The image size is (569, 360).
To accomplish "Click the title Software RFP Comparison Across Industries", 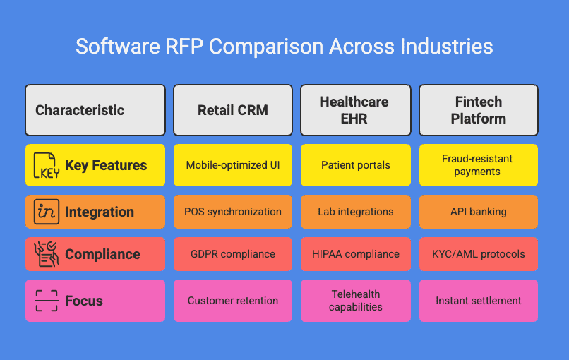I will click(x=284, y=47).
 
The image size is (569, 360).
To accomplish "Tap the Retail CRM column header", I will click(x=233, y=110).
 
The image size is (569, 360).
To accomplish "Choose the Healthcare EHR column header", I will click(x=356, y=110).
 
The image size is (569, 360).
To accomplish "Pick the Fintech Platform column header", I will click(x=479, y=110).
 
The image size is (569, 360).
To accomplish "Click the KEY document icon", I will click(x=47, y=165).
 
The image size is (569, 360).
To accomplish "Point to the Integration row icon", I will click(x=47, y=212).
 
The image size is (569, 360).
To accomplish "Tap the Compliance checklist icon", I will click(x=47, y=254).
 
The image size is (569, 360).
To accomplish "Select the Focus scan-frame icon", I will click(x=47, y=301).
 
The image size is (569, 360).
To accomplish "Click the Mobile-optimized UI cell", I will click(x=233, y=165).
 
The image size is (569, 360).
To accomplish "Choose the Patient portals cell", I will click(x=356, y=165).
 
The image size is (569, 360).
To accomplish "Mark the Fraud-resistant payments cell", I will click(x=479, y=165).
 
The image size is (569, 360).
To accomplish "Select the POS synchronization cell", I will click(x=233, y=212).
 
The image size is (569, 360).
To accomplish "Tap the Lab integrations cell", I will click(x=356, y=212).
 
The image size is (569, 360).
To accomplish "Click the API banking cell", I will click(x=479, y=212).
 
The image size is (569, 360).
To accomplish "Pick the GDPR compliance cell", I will click(x=233, y=254).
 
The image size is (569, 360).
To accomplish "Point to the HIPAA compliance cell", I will click(x=356, y=254).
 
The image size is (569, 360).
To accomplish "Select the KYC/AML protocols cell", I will click(x=479, y=254).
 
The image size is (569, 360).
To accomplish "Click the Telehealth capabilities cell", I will click(x=356, y=301).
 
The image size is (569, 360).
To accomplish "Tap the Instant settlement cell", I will click(x=479, y=301).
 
